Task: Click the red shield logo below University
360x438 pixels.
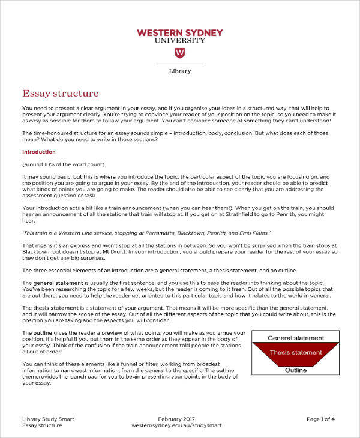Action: (179, 53)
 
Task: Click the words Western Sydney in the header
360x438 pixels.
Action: (179, 32)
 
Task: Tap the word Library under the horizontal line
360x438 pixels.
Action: (179, 71)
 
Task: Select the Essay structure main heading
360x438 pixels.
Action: (60, 94)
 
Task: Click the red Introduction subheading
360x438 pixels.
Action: (38, 152)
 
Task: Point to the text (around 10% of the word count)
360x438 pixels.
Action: (63, 164)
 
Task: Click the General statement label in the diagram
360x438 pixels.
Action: (295, 338)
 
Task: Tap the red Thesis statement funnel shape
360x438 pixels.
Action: (295, 353)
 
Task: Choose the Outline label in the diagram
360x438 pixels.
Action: (295, 370)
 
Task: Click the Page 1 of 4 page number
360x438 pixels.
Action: (321, 418)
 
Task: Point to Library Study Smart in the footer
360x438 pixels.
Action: (48, 418)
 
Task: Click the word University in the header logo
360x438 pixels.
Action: (179, 40)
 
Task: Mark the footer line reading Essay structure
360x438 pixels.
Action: (42, 425)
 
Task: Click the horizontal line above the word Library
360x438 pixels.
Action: (179, 64)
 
